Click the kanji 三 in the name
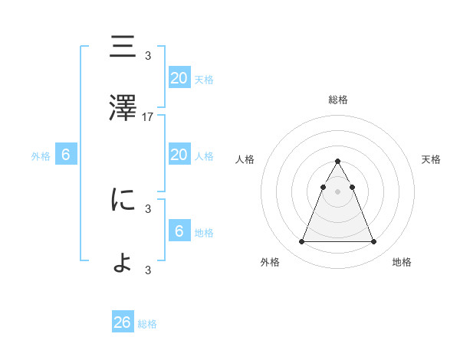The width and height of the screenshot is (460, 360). (x=123, y=48)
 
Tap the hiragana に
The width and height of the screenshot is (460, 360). (x=123, y=200)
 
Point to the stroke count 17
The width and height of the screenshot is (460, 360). (x=148, y=117)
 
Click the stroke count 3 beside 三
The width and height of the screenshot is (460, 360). (x=148, y=55)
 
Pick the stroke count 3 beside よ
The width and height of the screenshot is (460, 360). (x=148, y=269)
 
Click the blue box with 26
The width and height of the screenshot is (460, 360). (x=123, y=322)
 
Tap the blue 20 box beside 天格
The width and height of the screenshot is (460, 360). (x=179, y=78)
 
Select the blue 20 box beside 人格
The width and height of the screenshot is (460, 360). (x=179, y=155)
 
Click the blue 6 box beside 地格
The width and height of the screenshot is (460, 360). (x=179, y=231)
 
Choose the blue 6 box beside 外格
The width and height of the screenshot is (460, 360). (x=66, y=155)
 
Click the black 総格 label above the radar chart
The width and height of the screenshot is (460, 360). (x=338, y=100)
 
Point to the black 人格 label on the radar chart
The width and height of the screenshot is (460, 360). (x=245, y=159)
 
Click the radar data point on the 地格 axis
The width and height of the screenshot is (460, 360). (x=373, y=242)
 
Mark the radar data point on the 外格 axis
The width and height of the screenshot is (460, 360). (x=302, y=242)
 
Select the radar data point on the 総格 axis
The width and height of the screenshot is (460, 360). (x=338, y=161)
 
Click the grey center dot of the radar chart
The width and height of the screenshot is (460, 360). (x=338, y=191)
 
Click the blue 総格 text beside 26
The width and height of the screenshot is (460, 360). (x=147, y=324)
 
